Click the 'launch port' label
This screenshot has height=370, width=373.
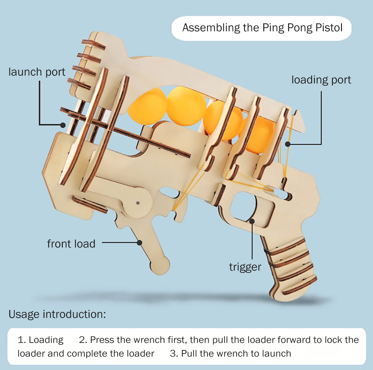37,72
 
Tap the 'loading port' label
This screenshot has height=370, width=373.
321,80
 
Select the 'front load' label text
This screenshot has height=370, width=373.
71,244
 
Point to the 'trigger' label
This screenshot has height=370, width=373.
245,267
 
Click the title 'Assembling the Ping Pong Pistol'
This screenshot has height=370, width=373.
262,28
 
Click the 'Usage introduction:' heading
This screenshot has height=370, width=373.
57,314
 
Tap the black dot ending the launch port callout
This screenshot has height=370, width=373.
63,125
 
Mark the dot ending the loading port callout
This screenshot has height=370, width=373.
288,144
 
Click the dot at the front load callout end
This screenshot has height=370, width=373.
140,242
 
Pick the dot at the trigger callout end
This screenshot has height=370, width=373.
252,221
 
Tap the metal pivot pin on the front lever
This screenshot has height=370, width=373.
138,203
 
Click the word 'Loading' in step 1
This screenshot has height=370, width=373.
46,340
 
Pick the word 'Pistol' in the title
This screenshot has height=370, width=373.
329,28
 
